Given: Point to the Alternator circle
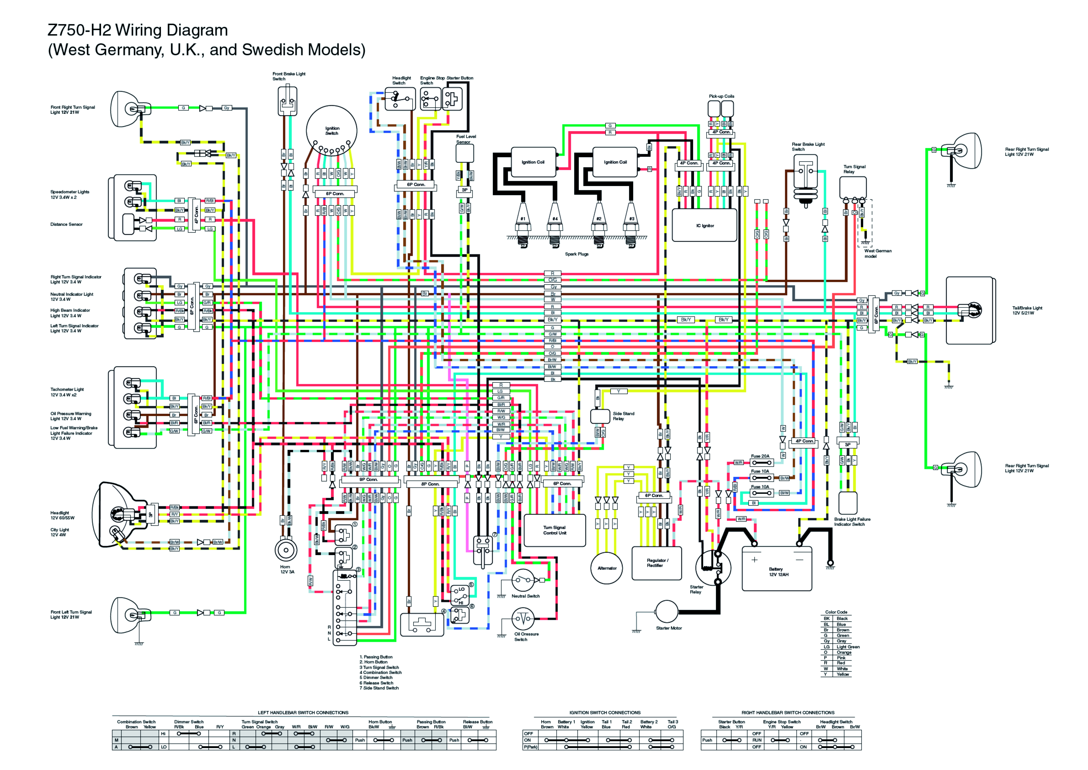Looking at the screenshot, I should pyautogui.click(x=607, y=568).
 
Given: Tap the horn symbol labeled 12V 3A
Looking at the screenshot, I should pyautogui.click(x=286, y=550).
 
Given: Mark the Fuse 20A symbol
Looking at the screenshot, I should pyautogui.click(x=761, y=462).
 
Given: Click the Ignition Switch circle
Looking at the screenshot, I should pyautogui.click(x=331, y=130).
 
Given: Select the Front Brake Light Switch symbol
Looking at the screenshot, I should pyautogui.click(x=287, y=101).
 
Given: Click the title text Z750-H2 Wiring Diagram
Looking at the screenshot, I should pyautogui.click(x=138, y=30).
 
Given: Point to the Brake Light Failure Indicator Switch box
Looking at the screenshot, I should pyautogui.click(x=848, y=503).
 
